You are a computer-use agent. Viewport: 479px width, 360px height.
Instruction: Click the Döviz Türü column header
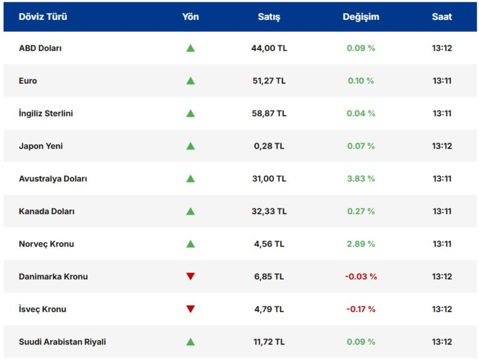42,17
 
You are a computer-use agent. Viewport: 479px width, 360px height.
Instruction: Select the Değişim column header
360,17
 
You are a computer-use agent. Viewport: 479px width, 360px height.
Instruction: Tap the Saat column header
442,17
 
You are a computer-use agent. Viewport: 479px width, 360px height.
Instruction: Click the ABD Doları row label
40,48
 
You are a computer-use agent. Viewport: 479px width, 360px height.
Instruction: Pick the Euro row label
28,80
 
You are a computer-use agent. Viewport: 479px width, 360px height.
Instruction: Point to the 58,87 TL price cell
269,114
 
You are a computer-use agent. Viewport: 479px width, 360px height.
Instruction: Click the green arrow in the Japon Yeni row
190,146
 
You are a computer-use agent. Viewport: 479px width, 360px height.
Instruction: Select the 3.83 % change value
361,178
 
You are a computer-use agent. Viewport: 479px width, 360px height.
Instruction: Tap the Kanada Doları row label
47,212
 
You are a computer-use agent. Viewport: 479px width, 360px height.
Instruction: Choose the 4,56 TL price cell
269,244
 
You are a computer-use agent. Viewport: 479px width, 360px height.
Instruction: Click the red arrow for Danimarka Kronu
190,276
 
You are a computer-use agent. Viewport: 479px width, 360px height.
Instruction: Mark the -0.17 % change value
361,309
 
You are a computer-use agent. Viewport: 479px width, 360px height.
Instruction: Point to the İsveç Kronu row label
42,309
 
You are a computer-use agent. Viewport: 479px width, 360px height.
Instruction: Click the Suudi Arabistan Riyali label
62,342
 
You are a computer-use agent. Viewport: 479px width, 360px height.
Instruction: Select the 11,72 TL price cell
269,342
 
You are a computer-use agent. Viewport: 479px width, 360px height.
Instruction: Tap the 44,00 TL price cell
269,48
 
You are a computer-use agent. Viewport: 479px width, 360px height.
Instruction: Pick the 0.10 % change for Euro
361,80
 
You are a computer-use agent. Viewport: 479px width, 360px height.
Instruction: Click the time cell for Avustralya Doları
442,178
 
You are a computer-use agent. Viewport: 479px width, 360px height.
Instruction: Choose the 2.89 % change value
361,244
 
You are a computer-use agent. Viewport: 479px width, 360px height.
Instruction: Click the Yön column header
190,17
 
